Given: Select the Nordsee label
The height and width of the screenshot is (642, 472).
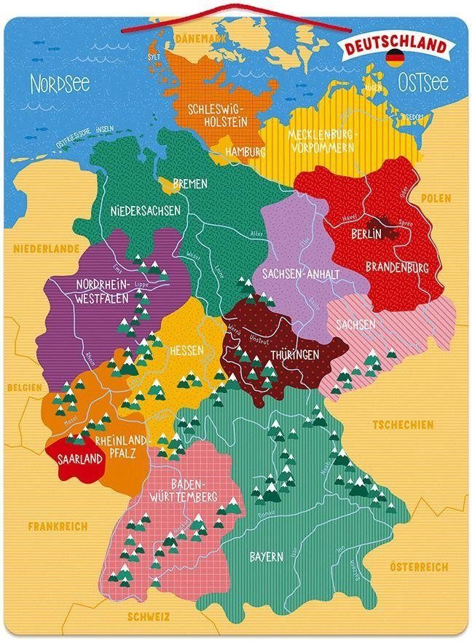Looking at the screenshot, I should pos(60,84).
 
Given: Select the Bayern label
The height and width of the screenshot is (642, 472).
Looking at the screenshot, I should pos(267,557).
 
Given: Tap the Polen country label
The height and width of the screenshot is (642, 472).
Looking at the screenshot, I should pos(436,198).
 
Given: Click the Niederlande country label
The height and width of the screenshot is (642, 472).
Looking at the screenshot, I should pos(44,248).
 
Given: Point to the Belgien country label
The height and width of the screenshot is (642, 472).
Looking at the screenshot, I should pos(23,388).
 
